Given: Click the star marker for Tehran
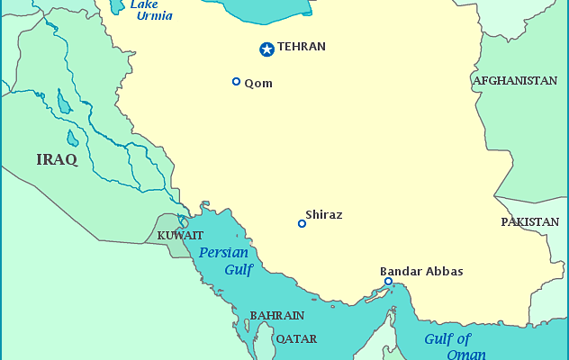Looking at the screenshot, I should [x=266, y=49].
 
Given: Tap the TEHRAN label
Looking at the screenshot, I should [x=302, y=47].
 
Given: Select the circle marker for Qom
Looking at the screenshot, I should [x=236, y=82].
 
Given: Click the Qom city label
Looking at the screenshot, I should [x=258, y=83].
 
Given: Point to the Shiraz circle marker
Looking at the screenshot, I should [x=302, y=223].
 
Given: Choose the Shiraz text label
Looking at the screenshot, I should [x=324, y=215].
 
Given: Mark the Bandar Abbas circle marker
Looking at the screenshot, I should [x=388, y=282].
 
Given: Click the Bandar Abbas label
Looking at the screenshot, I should [x=421, y=270].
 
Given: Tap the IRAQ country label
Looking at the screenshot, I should [x=57, y=159].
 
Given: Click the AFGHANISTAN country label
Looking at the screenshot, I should [x=515, y=80].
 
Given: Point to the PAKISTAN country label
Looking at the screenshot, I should [x=529, y=221].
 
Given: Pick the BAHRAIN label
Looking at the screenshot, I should [x=276, y=316].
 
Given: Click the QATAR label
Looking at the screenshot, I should [x=296, y=339].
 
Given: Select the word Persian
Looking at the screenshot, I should [x=224, y=253].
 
